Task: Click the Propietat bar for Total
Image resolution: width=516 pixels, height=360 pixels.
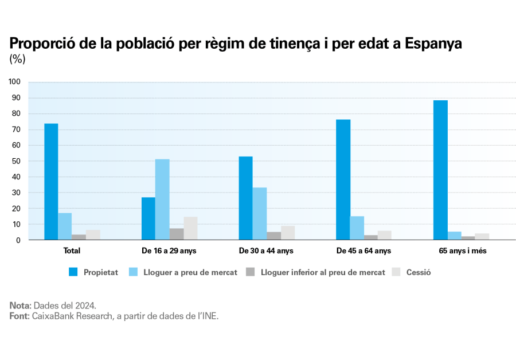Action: pos(51,182)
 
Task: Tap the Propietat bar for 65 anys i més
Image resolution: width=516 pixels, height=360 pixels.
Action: pos(440,170)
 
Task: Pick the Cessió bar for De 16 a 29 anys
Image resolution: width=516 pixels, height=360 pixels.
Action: pos(190,228)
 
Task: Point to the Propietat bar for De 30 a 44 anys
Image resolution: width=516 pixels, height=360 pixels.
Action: pos(245,198)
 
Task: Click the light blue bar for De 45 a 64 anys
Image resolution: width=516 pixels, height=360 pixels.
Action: pos(357,228)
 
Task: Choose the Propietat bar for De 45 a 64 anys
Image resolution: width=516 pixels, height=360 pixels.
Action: pos(343,179)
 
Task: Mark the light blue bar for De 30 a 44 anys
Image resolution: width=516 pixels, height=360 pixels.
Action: pos(260,214)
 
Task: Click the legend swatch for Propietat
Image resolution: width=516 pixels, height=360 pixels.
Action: pos(73,272)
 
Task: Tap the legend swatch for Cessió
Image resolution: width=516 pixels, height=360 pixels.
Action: pos(396,272)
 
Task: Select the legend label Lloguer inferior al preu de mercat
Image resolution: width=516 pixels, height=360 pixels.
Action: pos(323,272)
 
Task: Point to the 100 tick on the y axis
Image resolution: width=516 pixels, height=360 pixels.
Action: pos(15,82)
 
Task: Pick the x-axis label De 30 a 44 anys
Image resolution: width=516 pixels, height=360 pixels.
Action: pos(266,251)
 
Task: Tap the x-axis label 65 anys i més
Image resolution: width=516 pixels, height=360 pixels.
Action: pos(463,251)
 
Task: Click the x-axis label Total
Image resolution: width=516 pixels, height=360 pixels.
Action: pos(72,251)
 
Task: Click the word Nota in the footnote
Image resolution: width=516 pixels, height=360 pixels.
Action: pos(19,305)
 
